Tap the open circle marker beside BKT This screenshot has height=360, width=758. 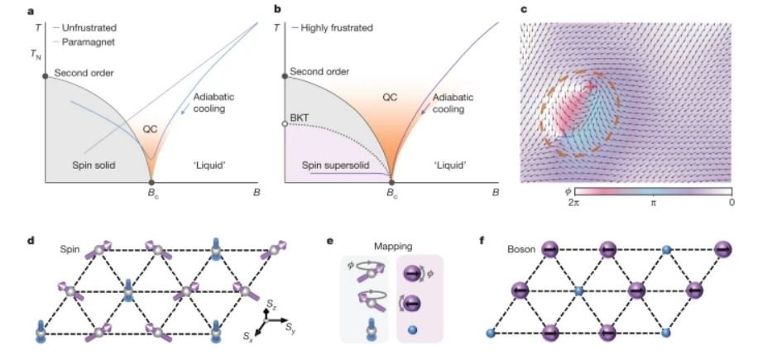(285, 123)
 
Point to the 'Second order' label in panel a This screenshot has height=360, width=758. (84, 74)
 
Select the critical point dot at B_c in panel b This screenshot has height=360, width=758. (391, 181)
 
